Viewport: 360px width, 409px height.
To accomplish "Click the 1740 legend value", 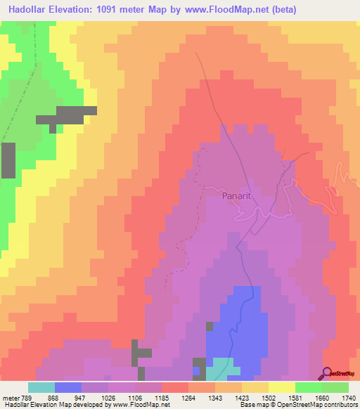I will coord(347,398).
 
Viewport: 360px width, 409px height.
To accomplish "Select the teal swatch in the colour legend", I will coord(41,387).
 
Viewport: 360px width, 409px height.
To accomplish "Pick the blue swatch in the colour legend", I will coord(68,387).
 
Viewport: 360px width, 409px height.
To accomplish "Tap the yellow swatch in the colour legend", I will coord(282,387).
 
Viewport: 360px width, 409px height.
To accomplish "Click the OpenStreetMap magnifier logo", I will coord(328,374).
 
